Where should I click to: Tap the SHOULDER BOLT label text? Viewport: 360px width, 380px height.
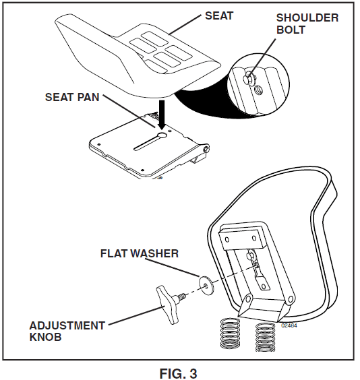pyautogui.click(x=307, y=24)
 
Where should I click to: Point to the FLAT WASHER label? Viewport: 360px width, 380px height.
pyautogui.click(x=139, y=254)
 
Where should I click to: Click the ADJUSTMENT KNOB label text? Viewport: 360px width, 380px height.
pyautogui.click(x=67, y=331)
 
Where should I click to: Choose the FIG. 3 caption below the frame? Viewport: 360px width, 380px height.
pyautogui.click(x=179, y=371)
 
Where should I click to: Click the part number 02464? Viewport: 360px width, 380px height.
pyautogui.click(x=288, y=325)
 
